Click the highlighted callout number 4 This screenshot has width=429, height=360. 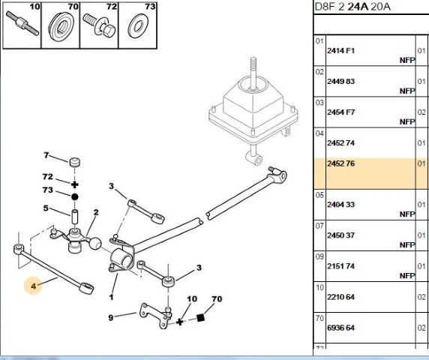coord(34,286)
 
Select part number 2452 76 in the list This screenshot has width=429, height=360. coord(340,163)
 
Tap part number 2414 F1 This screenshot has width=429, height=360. coord(340,50)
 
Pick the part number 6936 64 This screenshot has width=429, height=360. coord(340,328)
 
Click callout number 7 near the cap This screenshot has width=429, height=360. coord(46,155)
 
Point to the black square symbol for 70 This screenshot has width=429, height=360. coord(200,317)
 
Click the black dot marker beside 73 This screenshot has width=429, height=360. coord(74,196)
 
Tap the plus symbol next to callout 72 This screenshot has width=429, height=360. coord(74,184)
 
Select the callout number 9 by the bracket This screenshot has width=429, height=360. coord(110,317)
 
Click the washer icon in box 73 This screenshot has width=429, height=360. coord(137,27)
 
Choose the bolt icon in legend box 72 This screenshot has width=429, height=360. coord(99,25)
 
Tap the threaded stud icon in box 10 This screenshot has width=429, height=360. coord(22,23)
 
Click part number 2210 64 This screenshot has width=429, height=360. coord(340,297)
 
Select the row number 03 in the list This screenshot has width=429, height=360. coord(319,103)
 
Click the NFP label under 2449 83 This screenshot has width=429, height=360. coord(407,91)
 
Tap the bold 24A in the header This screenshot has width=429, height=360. coord(358,7)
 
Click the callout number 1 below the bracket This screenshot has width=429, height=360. coord(111,297)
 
